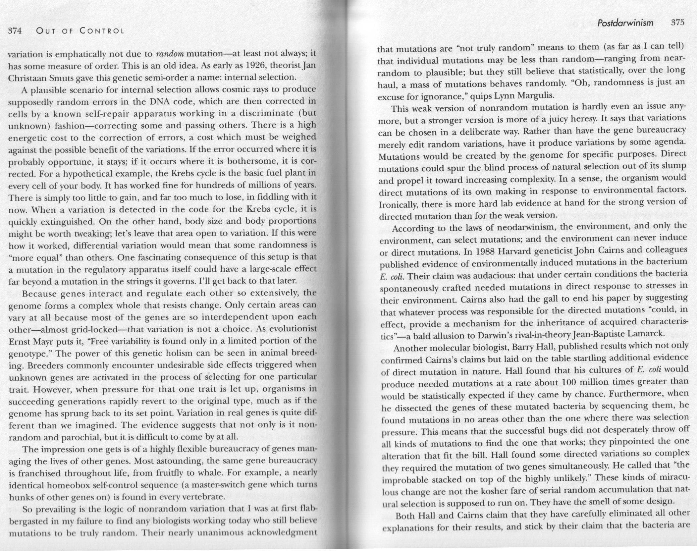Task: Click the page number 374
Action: [x=14, y=31]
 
